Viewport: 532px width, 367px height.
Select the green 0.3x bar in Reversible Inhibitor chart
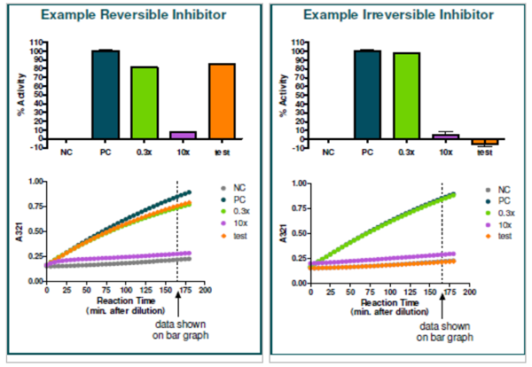[145, 102]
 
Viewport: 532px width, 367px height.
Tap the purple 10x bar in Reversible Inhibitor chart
[184, 134]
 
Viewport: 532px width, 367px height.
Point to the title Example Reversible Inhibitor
[131, 16]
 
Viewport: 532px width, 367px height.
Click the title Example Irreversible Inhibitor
[397, 16]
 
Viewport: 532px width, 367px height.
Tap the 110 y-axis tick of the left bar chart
[36, 42]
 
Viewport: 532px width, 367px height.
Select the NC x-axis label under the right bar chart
[329, 152]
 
